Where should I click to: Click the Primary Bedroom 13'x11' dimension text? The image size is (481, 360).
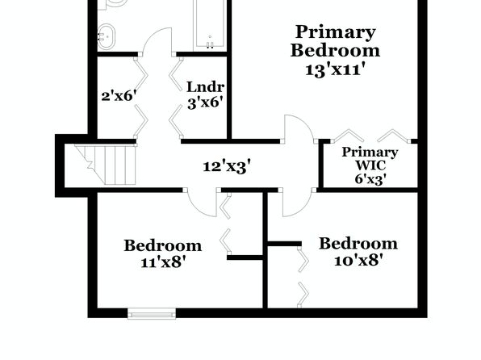[x=335, y=69]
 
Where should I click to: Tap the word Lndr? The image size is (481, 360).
[x=205, y=87]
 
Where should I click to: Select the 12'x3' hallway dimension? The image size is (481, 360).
[x=227, y=166]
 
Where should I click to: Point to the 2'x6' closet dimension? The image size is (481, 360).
[x=119, y=96]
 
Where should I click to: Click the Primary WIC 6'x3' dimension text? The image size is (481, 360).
[x=370, y=178]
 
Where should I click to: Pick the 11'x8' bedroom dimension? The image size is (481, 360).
[x=164, y=262]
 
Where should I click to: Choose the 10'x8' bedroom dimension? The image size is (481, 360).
[x=358, y=260]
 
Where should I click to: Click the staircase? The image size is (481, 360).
[x=106, y=165]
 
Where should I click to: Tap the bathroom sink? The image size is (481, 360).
[x=107, y=37]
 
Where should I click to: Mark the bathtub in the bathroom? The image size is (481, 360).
[x=210, y=23]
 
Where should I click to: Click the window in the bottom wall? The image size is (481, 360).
[x=152, y=314]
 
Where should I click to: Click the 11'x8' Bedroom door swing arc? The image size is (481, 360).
[x=196, y=209]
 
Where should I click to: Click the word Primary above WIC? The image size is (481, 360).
[x=370, y=153]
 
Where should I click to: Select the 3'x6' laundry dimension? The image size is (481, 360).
[x=205, y=103]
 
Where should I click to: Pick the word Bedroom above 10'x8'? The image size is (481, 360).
[x=358, y=244]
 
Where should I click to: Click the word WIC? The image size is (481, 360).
[x=370, y=165]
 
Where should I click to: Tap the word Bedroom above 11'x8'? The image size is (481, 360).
[x=163, y=245]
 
